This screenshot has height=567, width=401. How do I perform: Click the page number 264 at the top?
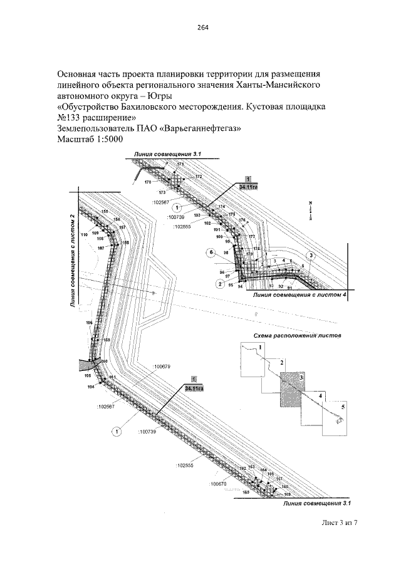click(x=202, y=27)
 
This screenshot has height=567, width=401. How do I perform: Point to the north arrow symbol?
click(x=310, y=209)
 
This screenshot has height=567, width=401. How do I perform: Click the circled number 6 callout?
click(x=212, y=252)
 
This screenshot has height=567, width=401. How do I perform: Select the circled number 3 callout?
click(x=311, y=255)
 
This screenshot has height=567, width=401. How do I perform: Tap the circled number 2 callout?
click(x=220, y=284)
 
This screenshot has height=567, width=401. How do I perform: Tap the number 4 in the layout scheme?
click(x=320, y=397)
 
